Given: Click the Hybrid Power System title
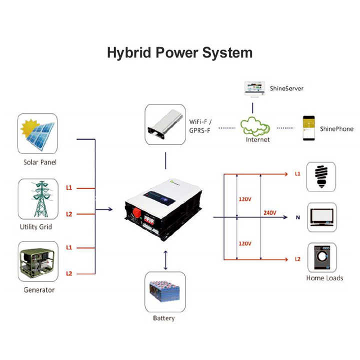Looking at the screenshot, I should (x=179, y=52).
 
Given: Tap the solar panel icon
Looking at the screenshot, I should (x=37, y=134).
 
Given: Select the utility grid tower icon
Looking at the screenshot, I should (x=37, y=199).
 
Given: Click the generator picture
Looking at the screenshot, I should (x=37, y=262).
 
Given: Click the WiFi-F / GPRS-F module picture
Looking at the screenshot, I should (x=164, y=124).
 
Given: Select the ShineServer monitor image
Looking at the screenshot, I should (x=254, y=89).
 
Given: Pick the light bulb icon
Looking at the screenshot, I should (x=321, y=176).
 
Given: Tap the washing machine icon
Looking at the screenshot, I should (x=321, y=257).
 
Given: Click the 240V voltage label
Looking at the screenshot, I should (x=269, y=213).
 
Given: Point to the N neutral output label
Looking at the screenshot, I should (x=298, y=217).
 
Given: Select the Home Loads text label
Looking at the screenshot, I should (x=324, y=278).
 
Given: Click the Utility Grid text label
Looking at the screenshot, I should (x=35, y=227).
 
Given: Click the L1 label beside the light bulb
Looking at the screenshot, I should (x=297, y=174).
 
